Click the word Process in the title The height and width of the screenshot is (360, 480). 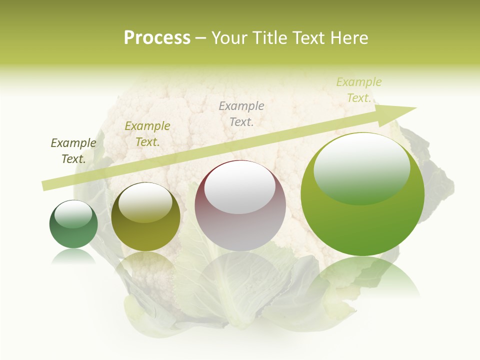click(x=157, y=38)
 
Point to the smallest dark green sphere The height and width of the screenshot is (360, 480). click(x=73, y=224)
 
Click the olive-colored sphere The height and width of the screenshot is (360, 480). click(x=145, y=217)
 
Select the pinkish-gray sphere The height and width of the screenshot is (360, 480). click(x=240, y=206)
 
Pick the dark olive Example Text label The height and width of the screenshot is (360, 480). click(x=73, y=151)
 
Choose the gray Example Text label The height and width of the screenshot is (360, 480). click(x=241, y=113)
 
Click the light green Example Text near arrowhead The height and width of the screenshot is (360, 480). click(x=359, y=90)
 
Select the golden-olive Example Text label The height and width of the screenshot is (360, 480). click(x=147, y=134)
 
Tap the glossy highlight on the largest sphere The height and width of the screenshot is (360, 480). click(x=361, y=167)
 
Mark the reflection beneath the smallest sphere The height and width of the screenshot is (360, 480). click(x=73, y=256)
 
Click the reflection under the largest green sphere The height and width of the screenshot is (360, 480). click(x=362, y=275)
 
